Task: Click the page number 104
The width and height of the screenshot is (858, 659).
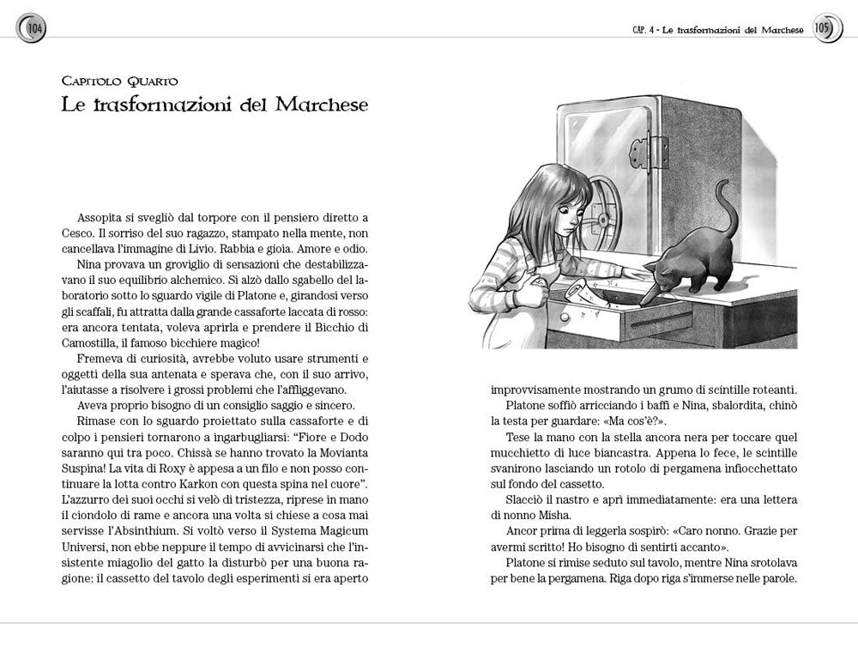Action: tap(35, 28)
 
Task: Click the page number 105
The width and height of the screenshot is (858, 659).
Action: tap(823, 28)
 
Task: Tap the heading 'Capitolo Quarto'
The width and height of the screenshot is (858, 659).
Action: tap(120, 82)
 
